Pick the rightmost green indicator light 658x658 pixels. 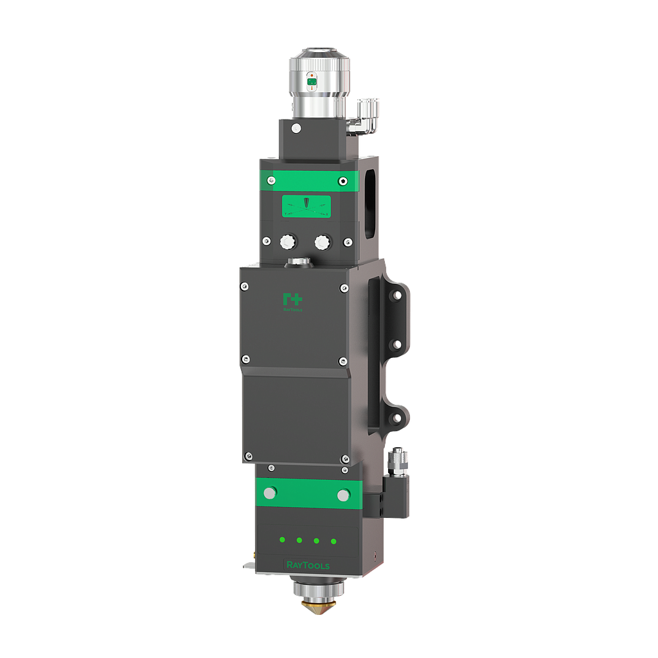pyautogui.click(x=333, y=541)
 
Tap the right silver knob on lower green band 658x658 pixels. pyautogui.click(x=343, y=495)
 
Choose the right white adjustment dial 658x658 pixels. pyautogui.click(x=321, y=242)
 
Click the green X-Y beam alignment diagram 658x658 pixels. pyautogui.click(x=307, y=206)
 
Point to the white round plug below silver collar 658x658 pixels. pyautogui.click(x=296, y=129)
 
